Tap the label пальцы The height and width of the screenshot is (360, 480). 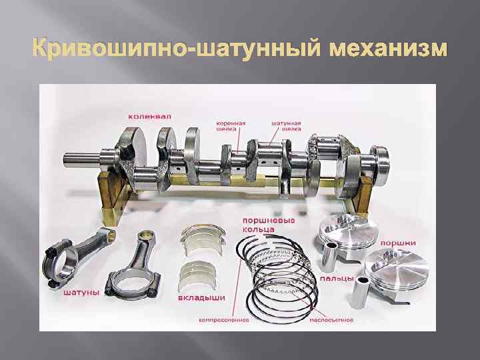(x=333, y=278)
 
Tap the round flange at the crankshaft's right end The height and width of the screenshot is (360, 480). (x=381, y=158)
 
